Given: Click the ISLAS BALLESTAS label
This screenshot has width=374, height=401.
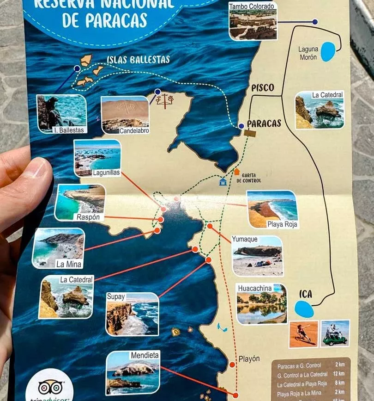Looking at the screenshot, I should pos(138,60).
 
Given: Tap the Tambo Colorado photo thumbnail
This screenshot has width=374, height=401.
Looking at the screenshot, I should pos(253,21).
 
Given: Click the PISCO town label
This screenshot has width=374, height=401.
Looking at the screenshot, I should pos(262,87).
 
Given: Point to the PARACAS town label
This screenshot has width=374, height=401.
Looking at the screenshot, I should pos(264,123).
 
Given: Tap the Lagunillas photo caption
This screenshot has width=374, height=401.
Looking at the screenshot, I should pos(107,173).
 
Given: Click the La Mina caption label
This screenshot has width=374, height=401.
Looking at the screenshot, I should pos(69,265).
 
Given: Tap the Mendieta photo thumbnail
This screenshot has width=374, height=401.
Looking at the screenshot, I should pos(133,372).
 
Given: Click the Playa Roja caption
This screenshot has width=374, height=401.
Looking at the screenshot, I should pos(282,225).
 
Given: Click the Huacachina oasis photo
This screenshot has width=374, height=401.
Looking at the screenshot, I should pos(261,304).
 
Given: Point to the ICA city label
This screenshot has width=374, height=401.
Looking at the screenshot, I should pos(306,294).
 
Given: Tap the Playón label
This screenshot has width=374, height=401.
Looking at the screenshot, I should pos(249,359).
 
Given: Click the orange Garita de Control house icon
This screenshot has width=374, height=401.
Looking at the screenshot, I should pos(236,172).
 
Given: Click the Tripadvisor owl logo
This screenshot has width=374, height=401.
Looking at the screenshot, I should pos(50,387).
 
